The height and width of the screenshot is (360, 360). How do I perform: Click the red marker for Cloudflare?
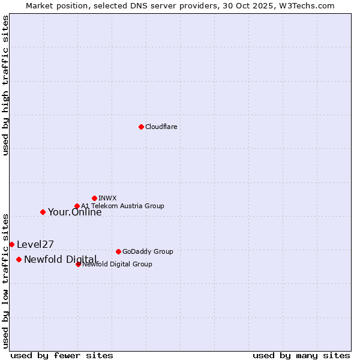[141, 127]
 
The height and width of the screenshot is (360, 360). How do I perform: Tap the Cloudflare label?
[161, 127]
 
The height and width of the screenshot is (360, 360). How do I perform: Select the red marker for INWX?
[94, 198]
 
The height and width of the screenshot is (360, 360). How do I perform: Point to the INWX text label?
[107, 198]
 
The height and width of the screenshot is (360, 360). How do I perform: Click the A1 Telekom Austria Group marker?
[77, 206]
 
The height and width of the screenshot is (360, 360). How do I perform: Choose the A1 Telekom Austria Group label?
[122, 206]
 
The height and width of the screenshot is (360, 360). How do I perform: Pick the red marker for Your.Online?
[43, 212]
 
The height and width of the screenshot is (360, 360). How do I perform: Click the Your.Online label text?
[74, 212]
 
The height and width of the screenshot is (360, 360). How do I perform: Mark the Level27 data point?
[11, 244]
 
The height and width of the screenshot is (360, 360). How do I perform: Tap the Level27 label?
[35, 245]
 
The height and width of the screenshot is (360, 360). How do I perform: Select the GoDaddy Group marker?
[118, 251]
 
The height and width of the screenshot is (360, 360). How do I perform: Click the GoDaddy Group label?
[147, 252]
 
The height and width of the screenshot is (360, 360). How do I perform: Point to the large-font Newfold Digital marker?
[19, 259]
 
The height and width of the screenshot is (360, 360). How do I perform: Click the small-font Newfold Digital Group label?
[117, 264]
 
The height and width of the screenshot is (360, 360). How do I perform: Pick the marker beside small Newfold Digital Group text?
[78, 264]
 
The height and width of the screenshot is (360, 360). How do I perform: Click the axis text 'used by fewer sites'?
[62, 356]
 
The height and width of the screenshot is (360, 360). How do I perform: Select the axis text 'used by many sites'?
[301, 356]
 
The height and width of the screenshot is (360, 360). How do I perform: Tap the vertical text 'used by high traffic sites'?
[6, 85]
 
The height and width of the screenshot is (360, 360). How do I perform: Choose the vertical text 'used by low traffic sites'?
[6, 281]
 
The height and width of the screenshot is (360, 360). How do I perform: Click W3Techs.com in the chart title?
[309, 5]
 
